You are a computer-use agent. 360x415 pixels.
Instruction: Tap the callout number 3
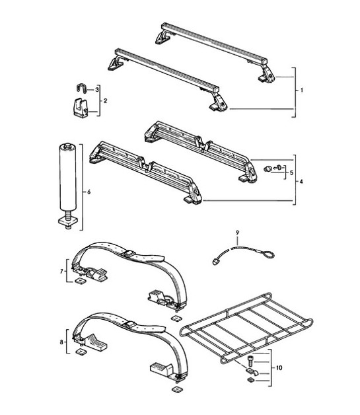coord(97,89)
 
